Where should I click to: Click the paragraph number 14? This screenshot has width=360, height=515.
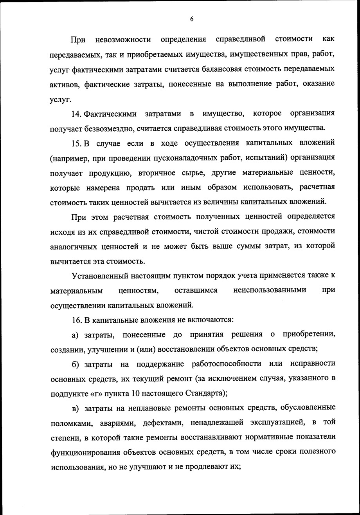(x=76, y=114)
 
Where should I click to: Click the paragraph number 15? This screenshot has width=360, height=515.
(x=76, y=143)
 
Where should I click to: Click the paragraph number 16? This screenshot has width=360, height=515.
(x=76, y=320)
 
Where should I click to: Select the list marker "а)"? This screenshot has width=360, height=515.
(x=76, y=335)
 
